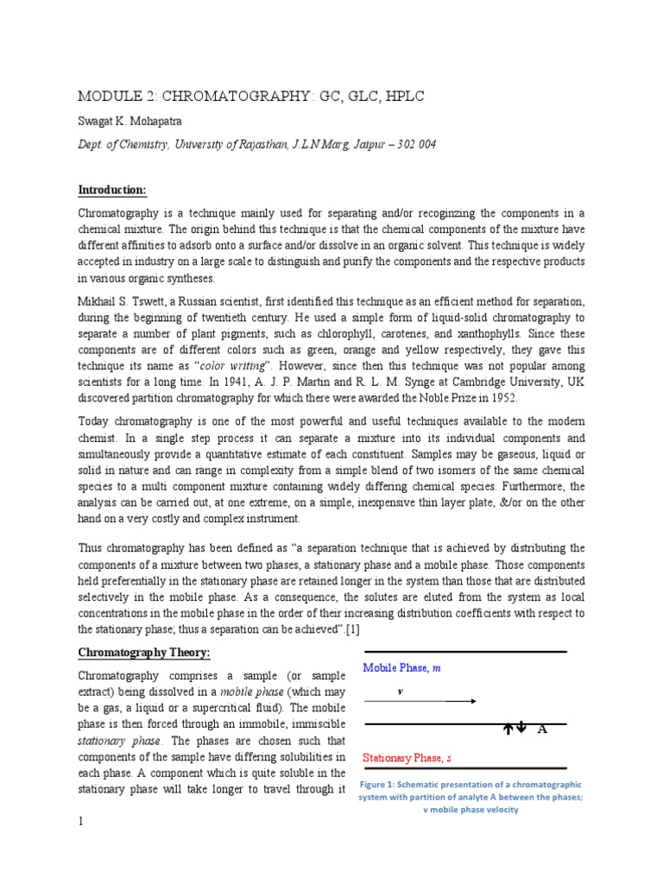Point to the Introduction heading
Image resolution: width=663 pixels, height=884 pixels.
pyautogui.click(x=112, y=189)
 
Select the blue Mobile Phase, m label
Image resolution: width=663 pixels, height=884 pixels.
pyautogui.click(x=401, y=668)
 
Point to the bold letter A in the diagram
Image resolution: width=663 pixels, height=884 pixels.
pyautogui.click(x=543, y=730)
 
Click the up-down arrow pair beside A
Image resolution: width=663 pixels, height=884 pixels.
pyautogui.click(x=515, y=729)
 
